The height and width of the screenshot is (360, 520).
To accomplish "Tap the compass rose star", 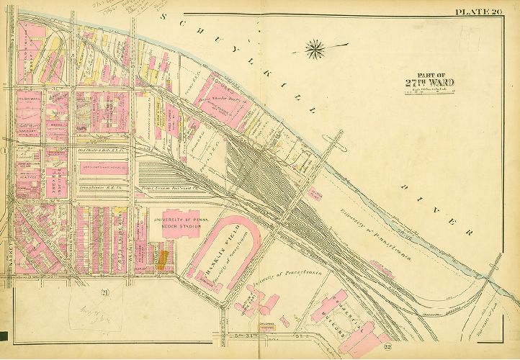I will [315, 50].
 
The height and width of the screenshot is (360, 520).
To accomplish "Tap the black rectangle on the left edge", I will [4, 336].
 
